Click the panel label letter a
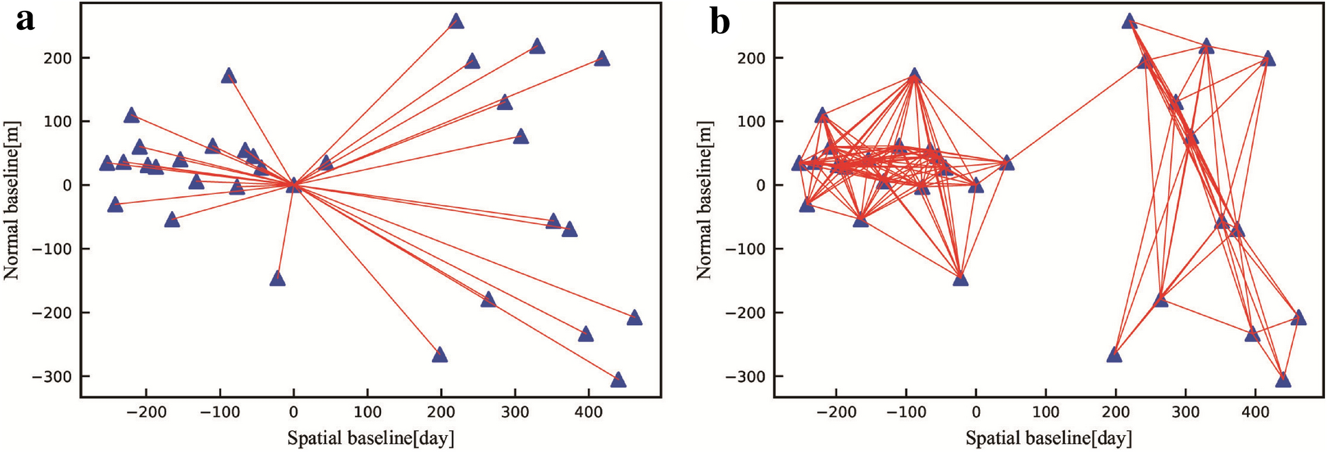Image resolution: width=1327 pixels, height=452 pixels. tap(25, 20)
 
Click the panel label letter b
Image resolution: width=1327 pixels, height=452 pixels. tap(720, 22)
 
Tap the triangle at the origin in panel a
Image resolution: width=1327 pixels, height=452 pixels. tap(293, 185)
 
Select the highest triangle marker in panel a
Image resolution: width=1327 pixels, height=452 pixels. tap(456, 22)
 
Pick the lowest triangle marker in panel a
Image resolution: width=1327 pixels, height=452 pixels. tap(618, 380)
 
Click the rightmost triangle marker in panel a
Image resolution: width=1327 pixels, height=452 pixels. tap(634, 318)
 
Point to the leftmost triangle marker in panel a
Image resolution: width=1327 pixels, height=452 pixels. tap(107, 164)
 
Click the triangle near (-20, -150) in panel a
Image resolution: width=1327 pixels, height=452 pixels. tap(277, 279)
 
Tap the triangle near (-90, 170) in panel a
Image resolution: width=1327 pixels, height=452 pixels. tap(229, 75)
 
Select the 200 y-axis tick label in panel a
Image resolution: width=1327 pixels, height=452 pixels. tap(59, 58)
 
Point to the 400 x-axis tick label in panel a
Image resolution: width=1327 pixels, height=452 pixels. tap(588, 412)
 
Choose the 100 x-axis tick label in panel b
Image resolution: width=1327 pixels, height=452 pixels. tap(1045, 412)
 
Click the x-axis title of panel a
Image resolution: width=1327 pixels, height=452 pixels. tap(371, 438)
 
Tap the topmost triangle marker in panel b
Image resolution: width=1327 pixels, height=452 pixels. tap(1129, 22)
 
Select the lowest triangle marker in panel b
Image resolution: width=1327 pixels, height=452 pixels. tap(1283, 380)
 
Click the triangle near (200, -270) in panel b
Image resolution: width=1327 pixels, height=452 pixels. tap(1114, 355)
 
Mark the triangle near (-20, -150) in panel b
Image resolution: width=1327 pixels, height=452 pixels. tap(960, 279)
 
